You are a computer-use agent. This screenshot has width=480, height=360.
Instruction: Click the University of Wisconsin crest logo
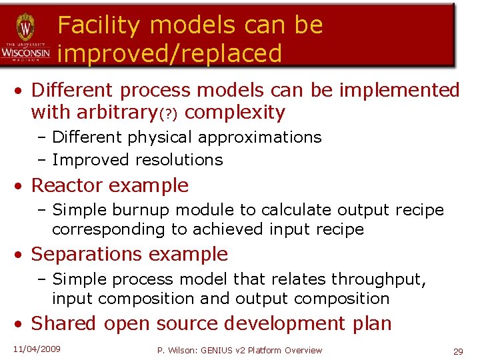[25, 28]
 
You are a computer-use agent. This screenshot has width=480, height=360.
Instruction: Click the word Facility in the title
[99, 25]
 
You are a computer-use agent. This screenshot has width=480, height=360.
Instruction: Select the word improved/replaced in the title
[169, 54]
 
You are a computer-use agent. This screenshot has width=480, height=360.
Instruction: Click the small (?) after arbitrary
[167, 114]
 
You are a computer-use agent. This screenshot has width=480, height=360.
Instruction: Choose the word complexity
[235, 113]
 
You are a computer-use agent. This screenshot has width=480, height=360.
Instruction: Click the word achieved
[231, 229]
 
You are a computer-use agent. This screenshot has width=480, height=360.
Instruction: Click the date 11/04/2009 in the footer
[37, 349]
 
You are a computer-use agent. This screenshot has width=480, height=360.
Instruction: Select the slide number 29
[458, 351]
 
